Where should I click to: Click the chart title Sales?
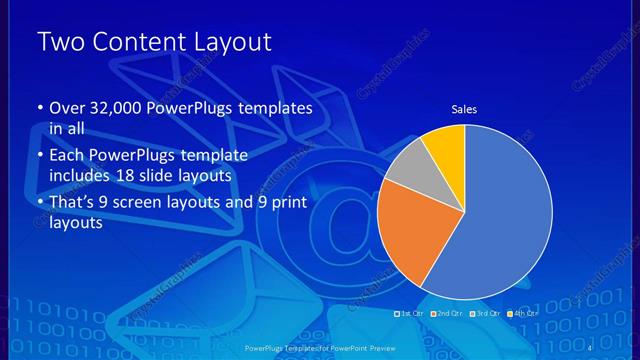(x=464, y=109)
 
